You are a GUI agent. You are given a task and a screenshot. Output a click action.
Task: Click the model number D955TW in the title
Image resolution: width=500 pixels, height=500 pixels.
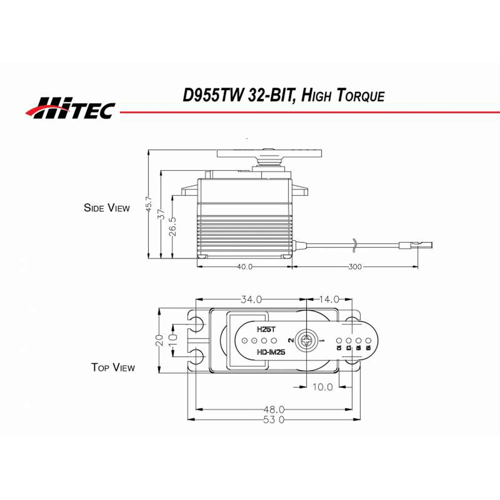click(x=213, y=95)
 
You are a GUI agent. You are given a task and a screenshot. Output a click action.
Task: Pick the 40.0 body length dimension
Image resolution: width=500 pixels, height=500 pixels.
click(x=244, y=266)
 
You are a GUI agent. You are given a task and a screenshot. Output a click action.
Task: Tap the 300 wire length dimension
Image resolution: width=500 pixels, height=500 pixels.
click(x=354, y=266)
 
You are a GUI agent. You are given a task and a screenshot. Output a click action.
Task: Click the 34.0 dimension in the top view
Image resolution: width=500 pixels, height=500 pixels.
click(x=251, y=299)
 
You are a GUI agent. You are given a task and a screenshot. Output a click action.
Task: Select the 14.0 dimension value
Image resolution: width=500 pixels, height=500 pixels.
click(x=329, y=299)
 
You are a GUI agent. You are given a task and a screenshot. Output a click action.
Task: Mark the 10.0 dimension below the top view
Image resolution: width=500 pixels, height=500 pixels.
click(x=322, y=387)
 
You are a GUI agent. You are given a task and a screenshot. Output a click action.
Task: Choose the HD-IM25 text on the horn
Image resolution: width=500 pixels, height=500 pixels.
click(x=271, y=352)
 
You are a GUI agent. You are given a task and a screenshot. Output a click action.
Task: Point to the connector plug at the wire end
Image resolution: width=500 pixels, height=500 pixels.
click(x=415, y=245)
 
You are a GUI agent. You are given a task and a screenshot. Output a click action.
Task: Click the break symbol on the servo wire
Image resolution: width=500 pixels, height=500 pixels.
click(x=354, y=245)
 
